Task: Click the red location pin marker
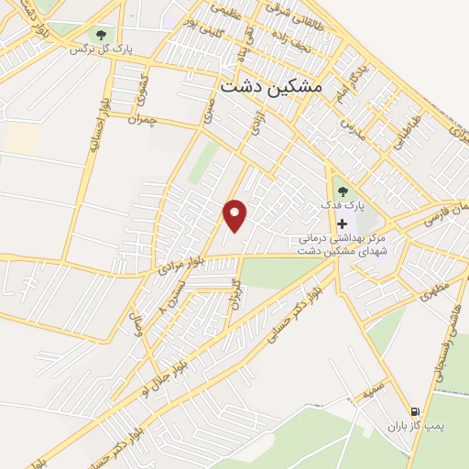pos(235,215)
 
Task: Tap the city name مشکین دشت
pos(272,84)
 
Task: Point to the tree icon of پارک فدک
pos(343,191)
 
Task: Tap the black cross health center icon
pos(343,224)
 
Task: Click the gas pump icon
pos(418,411)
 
